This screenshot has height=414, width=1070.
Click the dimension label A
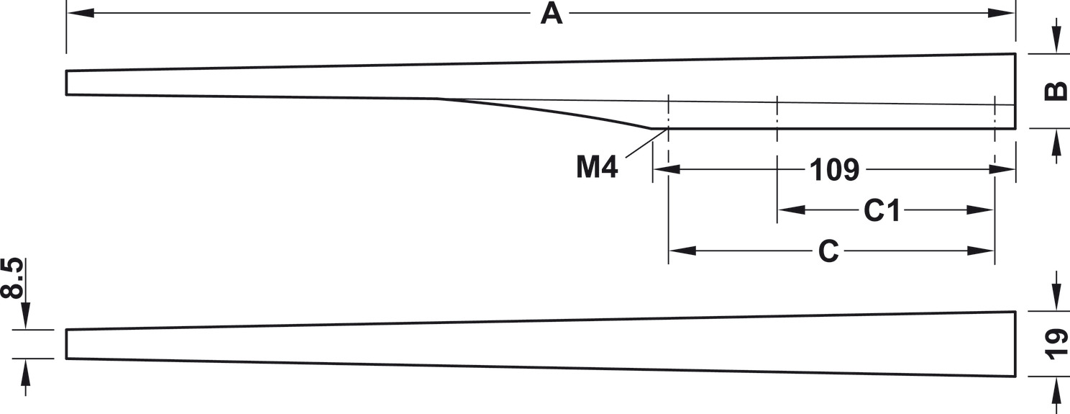552,14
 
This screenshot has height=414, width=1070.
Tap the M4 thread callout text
597,167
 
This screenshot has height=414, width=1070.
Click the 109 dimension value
835,170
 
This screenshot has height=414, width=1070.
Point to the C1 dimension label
882,210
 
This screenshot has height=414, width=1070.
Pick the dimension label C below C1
828,251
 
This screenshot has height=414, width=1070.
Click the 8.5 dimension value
12,278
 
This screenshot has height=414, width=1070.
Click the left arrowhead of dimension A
81,13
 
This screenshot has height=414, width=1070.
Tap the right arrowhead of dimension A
1001,13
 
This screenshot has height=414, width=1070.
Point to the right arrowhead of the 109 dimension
1002,169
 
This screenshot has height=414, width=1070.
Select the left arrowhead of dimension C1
792,210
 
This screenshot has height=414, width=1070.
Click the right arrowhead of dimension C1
980,210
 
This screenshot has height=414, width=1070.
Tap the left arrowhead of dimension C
682,251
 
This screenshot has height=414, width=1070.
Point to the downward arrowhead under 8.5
25,315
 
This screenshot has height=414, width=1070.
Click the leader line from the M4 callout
646,143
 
